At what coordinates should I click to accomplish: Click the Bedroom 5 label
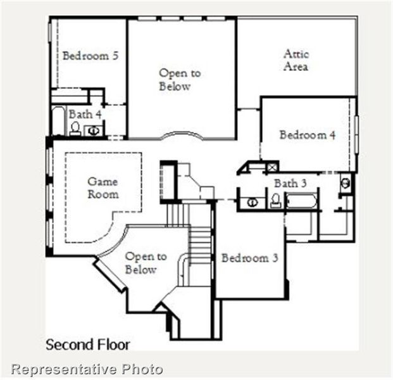click(x=90, y=56)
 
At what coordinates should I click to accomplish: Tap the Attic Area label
click(x=296, y=60)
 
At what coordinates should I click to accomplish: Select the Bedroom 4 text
click(x=308, y=135)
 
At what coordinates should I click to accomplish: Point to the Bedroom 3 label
click(x=249, y=258)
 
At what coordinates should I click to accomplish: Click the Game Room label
click(x=103, y=188)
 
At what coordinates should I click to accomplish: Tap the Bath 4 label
click(x=85, y=114)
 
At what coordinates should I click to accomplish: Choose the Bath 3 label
click(x=290, y=183)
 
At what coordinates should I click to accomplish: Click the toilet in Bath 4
click(x=75, y=129)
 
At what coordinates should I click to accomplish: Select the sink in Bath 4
click(x=94, y=130)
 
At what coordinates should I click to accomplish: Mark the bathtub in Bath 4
click(x=58, y=121)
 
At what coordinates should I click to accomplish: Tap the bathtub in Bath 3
click(x=301, y=201)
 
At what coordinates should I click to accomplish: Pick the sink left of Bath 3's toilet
click(x=252, y=203)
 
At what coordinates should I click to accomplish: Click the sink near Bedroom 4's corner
click(x=346, y=183)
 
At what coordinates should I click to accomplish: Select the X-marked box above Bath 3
click(x=271, y=167)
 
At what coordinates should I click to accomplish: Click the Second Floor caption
click(x=87, y=345)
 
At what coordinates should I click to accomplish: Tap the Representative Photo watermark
click(x=87, y=369)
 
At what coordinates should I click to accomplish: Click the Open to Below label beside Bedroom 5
click(x=180, y=80)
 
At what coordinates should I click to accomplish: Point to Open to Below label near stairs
click(x=146, y=263)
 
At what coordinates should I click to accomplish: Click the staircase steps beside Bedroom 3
click(x=199, y=244)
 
